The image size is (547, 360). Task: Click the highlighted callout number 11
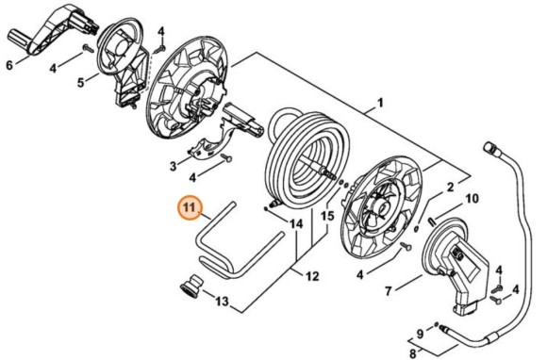[189, 206]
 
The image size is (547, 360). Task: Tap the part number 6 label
[9, 65]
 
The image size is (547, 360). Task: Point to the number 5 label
[81, 83]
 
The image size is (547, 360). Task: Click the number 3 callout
[173, 167]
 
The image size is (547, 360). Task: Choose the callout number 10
[472, 199]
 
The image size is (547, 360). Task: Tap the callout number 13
[223, 302]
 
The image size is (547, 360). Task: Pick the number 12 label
[312, 276]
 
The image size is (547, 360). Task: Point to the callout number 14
[297, 224]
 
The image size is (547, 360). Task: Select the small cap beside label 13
[192, 285]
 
